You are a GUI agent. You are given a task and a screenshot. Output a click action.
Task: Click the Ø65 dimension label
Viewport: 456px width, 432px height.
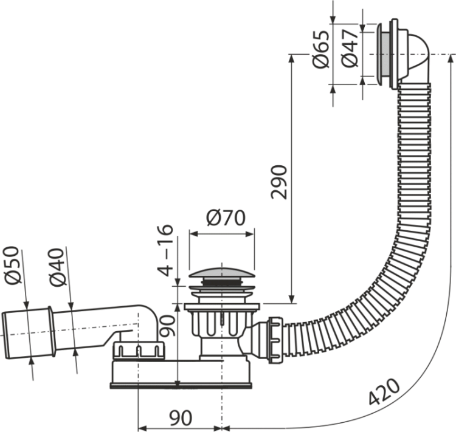point(322,49)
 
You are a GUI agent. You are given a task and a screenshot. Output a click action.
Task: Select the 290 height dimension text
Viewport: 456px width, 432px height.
point(278,182)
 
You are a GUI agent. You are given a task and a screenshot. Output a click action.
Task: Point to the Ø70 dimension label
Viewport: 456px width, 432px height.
point(226,218)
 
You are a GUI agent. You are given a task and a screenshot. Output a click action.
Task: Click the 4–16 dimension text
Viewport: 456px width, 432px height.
point(165,250)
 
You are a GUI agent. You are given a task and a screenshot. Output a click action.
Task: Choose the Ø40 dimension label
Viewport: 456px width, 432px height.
point(57,267)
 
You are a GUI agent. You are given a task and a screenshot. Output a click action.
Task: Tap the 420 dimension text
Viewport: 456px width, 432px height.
point(384,391)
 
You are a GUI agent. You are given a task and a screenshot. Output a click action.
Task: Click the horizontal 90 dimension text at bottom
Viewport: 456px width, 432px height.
point(181,418)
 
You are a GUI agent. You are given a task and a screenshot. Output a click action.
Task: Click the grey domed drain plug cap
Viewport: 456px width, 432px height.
point(222,273)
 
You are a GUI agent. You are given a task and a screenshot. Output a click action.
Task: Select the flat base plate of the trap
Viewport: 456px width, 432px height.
point(181,385)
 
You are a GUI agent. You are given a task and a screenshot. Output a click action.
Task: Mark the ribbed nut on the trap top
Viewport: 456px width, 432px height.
point(139,351)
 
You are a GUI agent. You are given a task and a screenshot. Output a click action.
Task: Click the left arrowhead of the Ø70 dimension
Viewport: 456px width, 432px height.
point(193,234)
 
